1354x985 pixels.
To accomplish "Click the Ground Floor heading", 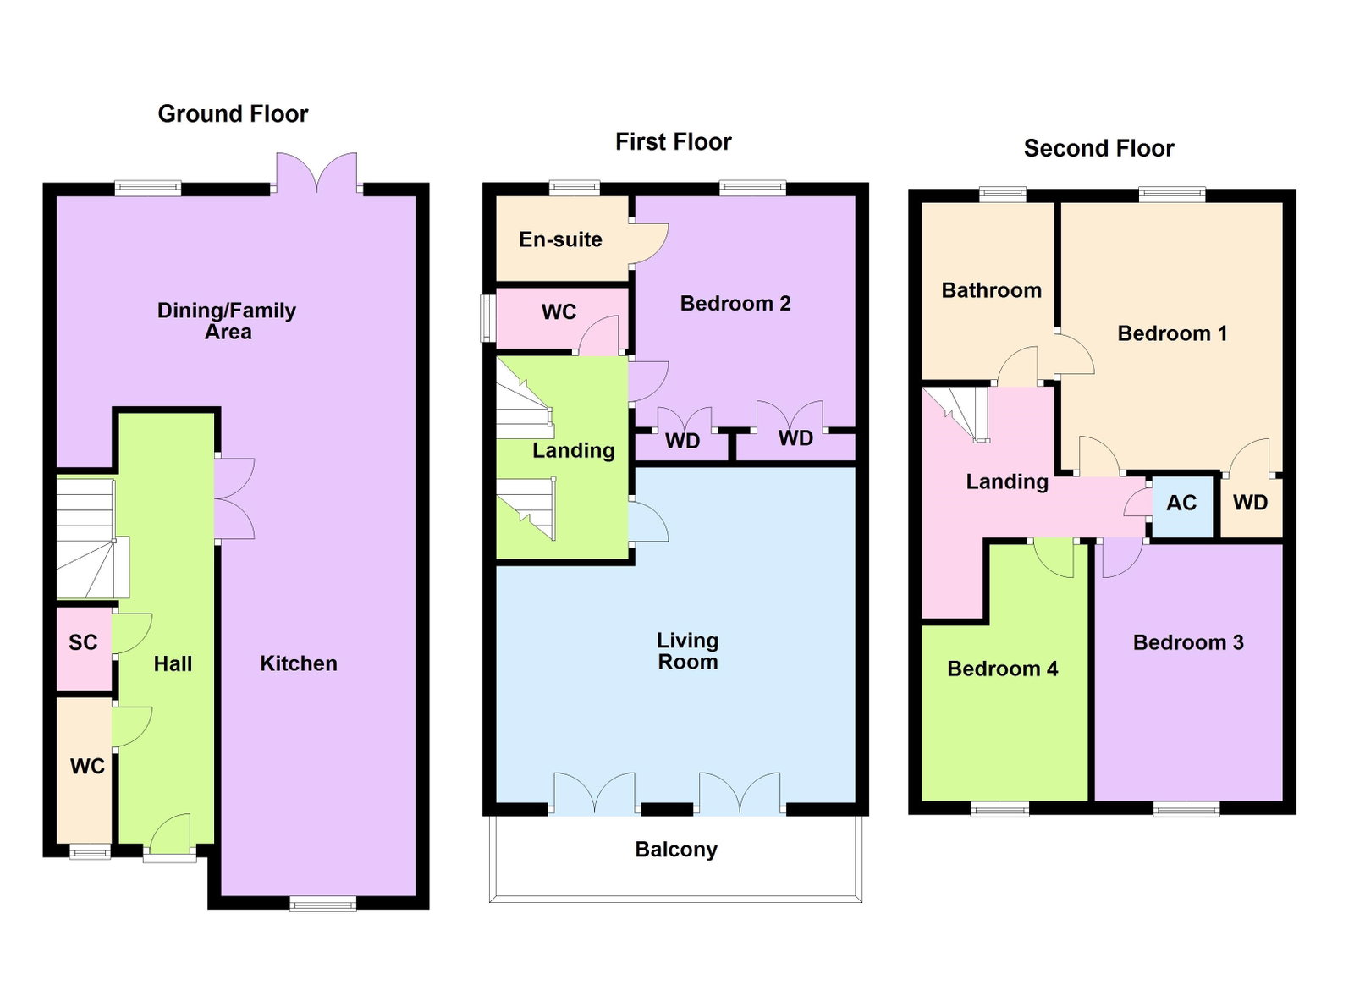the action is [x=233, y=113].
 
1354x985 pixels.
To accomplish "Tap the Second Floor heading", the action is [x=1098, y=148].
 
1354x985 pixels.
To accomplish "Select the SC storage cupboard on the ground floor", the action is [x=84, y=648].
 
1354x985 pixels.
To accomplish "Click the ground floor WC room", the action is [x=84, y=770].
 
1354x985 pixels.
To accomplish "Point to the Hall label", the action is [x=173, y=663].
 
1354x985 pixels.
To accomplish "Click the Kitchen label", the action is [x=299, y=663].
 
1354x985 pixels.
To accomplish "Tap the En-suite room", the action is [x=562, y=238].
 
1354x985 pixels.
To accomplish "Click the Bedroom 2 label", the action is [x=735, y=303].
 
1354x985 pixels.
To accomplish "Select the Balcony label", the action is [x=676, y=849].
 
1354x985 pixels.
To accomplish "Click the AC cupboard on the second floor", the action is [x=1182, y=506].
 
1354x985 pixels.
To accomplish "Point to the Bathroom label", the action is [x=991, y=290].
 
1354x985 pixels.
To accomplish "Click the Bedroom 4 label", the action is [x=1002, y=669].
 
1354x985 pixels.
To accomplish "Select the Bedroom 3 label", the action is [x=1188, y=641].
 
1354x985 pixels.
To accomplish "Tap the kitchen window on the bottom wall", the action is [x=322, y=903].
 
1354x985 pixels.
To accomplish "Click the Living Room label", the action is [x=687, y=651].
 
